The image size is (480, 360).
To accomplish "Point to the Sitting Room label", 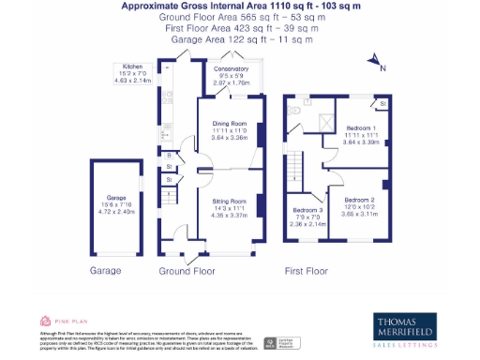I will click(228, 201).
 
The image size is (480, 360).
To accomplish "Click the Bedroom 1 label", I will click(362, 127).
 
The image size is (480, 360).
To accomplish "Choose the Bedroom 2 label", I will click(359, 201).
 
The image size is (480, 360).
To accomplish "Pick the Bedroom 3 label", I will click(307, 210).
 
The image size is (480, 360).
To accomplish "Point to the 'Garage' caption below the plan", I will click(106, 271).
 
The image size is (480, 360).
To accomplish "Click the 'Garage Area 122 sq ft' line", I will click(241, 39).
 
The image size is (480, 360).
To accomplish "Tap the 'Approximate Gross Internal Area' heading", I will click(241, 7).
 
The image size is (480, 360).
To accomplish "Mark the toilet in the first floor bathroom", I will click(294, 110).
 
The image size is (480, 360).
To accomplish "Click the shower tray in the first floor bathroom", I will click(325, 121).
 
